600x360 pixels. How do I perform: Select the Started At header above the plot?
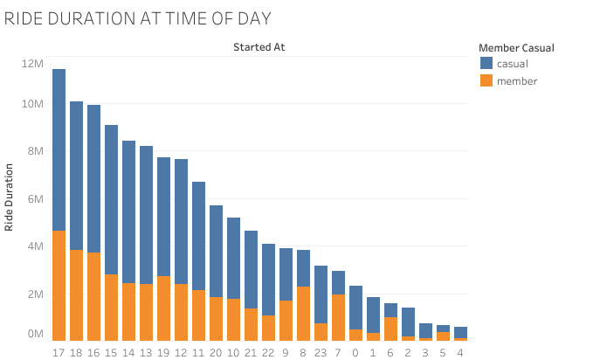pyautogui.click(x=259, y=47)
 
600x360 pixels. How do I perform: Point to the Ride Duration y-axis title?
pyautogui.click(x=10, y=198)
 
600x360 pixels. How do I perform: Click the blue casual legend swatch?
pyautogui.click(x=486, y=64)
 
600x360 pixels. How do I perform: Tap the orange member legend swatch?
pyautogui.click(x=486, y=80)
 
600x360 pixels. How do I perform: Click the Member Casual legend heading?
pyautogui.click(x=517, y=47)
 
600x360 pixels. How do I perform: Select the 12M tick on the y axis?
pyautogui.click(x=32, y=64)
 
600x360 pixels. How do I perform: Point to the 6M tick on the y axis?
pyautogui.click(x=35, y=199)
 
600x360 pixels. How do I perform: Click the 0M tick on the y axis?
pyautogui.click(x=35, y=334)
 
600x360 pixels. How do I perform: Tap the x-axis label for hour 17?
pyautogui.click(x=59, y=354)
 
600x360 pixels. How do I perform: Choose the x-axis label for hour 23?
pyautogui.click(x=321, y=354)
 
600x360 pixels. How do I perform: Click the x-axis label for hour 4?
pyautogui.click(x=460, y=354)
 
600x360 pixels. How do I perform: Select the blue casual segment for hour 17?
pyautogui.click(x=59, y=149)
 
